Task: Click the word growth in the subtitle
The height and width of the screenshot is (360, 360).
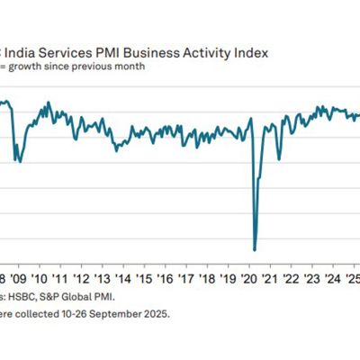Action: click(x=29, y=65)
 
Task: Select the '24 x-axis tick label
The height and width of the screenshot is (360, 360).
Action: click(x=328, y=278)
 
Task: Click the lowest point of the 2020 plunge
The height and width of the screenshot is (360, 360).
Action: click(x=255, y=249)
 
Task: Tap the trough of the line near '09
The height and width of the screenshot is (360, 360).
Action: click(x=20, y=162)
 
